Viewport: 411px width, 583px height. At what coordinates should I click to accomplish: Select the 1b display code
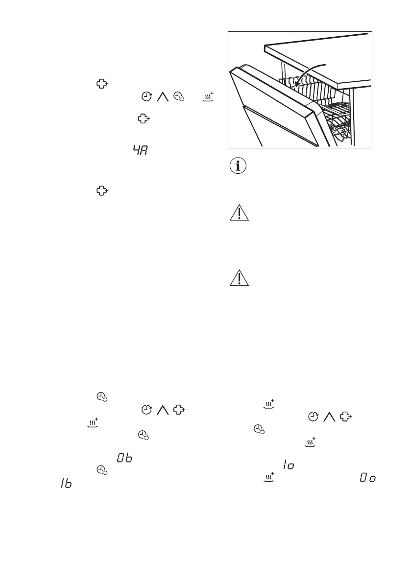coord(65,483)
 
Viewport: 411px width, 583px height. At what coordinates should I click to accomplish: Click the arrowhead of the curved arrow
coord(296,86)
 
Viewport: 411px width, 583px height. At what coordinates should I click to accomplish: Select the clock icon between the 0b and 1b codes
coord(101,469)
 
